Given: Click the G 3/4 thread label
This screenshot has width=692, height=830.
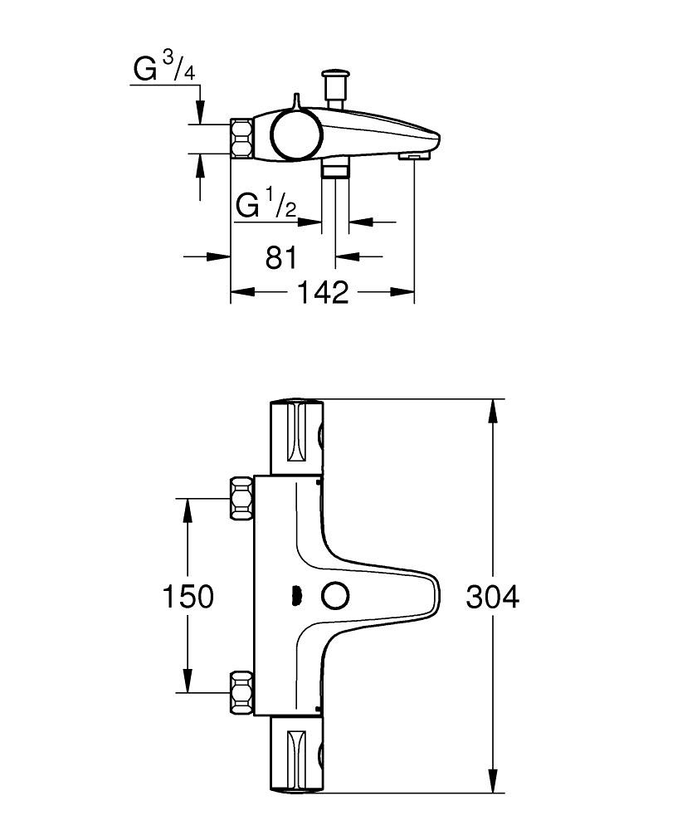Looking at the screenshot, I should pyautogui.click(x=164, y=70).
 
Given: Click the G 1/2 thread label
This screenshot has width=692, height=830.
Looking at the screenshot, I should pyautogui.click(x=266, y=204).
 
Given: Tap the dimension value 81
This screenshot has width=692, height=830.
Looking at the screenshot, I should pyautogui.click(x=281, y=257).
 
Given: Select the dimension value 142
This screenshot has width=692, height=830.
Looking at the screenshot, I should pyautogui.click(x=322, y=292).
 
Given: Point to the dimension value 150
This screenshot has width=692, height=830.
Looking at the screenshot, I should pyautogui.click(x=188, y=596).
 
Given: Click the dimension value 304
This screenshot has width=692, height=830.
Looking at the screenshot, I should pyautogui.click(x=492, y=597).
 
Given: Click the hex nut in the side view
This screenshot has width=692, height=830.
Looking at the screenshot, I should pyautogui.click(x=241, y=138).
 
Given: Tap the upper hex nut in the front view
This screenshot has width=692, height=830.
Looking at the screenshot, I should pyautogui.click(x=241, y=498).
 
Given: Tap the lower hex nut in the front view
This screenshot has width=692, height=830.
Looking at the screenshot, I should pyautogui.click(x=241, y=691).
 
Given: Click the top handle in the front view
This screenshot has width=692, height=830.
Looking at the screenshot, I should pyautogui.click(x=296, y=436).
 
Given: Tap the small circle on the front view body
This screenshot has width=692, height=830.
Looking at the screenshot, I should pyautogui.click(x=336, y=595).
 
